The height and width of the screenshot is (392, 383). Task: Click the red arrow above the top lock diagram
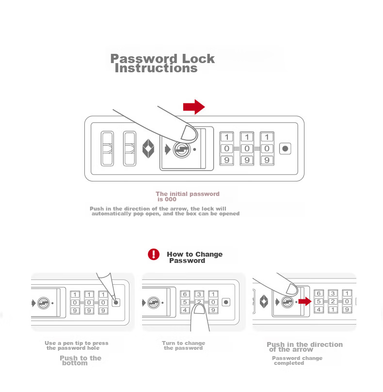click(194, 107)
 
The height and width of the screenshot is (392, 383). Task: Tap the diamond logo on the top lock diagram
click(148, 149)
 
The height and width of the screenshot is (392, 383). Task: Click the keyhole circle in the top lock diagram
click(181, 149)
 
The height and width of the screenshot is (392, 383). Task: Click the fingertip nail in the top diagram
click(189, 133)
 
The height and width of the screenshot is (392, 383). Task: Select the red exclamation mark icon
click(153, 254)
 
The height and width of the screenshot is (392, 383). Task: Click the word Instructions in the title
click(156, 68)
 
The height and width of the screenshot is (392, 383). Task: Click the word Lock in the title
click(198, 59)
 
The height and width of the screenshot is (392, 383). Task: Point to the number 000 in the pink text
click(171, 199)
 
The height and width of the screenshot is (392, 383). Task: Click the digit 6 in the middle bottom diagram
click(185, 294)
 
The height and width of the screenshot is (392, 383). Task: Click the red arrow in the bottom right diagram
click(305, 301)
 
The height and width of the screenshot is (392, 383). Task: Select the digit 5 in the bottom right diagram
click(319, 301)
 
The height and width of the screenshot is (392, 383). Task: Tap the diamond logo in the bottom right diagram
click(264, 301)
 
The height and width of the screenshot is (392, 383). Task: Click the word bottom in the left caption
click(75, 363)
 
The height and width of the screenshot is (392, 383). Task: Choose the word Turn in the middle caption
click(169, 343)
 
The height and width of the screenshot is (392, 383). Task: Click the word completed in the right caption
click(289, 363)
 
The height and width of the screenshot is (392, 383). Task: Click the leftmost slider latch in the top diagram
click(107, 148)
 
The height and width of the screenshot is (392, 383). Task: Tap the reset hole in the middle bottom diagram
click(226, 302)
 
